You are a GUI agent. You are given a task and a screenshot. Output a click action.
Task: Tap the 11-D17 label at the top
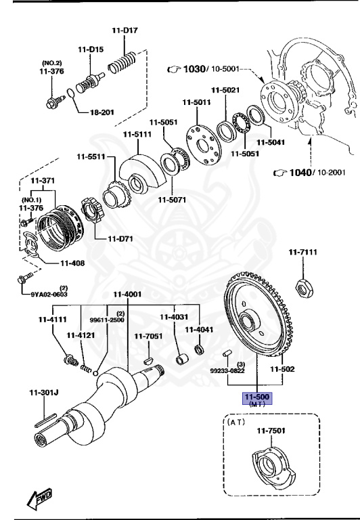(126, 30)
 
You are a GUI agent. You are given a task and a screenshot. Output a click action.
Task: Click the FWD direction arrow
(41, 499)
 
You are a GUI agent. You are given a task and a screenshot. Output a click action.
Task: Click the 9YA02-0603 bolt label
(49, 295)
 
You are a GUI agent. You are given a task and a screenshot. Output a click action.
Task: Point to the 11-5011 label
(196, 102)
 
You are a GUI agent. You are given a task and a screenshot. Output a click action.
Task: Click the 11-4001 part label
(127, 294)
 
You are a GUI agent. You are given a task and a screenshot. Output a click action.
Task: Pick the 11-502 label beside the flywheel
(283, 369)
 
